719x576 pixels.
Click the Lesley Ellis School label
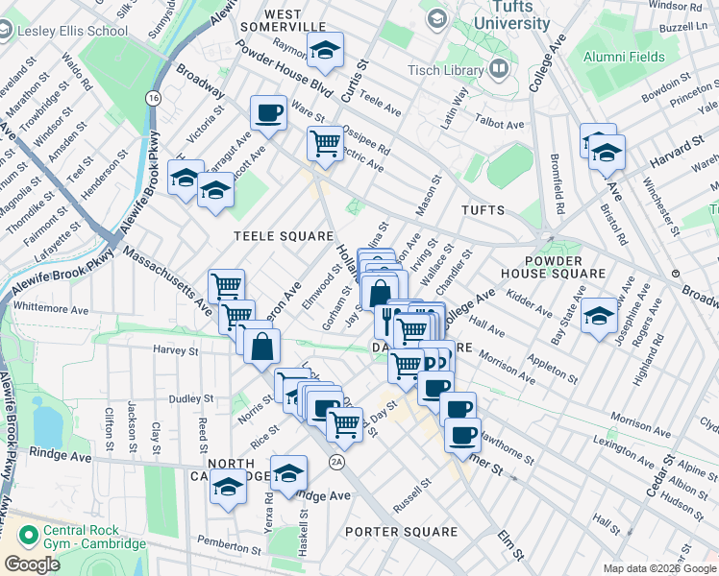(73, 31)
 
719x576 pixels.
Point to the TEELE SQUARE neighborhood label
(284, 235)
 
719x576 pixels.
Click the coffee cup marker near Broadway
(268, 113)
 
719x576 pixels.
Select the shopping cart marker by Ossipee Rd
(325, 144)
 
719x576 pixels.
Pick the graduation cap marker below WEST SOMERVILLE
(326, 51)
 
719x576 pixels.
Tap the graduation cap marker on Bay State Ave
(600, 317)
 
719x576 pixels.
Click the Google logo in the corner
(32, 564)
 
